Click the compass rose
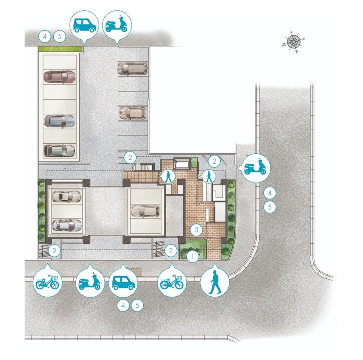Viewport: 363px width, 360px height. pos(293,42)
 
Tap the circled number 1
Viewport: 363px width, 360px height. pos(193,256)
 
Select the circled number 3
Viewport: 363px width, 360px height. pos(196,230)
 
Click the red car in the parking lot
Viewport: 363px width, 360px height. pos(60,76)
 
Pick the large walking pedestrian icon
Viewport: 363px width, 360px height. pos(215,282)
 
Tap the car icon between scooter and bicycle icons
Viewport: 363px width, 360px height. pos(123,282)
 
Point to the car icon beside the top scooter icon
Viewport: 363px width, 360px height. pos(84,25)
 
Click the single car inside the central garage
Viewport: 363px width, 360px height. pos(146,211)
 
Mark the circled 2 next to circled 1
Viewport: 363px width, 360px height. pos(171,250)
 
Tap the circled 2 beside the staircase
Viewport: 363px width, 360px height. pos(130,158)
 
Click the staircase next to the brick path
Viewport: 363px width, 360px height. pos(144,167)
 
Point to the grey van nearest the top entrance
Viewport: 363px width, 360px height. pos(133,69)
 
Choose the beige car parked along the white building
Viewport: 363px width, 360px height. pos(133,113)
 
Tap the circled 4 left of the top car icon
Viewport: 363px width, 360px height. pos(45,36)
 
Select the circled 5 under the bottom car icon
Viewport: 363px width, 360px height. pos(137,305)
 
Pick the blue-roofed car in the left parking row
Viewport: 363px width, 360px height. pos(60,121)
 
